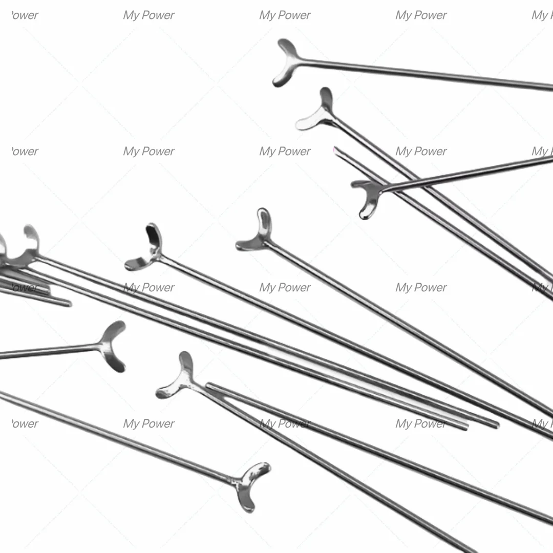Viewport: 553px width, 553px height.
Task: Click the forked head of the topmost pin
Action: [286, 62]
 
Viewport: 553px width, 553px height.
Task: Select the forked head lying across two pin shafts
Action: [369, 198]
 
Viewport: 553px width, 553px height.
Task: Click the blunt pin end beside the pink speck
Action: [336, 151]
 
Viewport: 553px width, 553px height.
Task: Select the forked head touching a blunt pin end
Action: [178, 378]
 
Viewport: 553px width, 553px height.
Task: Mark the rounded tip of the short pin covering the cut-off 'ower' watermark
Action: [69, 303]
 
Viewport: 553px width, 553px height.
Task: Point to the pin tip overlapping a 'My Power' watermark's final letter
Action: [465, 427]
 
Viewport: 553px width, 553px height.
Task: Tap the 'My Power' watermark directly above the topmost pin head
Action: [285, 15]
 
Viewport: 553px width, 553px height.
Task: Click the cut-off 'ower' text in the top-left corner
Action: [25, 15]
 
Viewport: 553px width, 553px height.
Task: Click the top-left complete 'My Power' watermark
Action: [148, 15]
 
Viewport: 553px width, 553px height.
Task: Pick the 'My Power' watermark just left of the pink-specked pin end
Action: [285, 151]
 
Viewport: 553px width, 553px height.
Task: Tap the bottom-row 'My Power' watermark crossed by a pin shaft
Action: [285, 423]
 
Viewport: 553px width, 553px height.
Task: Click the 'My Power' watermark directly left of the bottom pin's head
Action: [148, 423]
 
